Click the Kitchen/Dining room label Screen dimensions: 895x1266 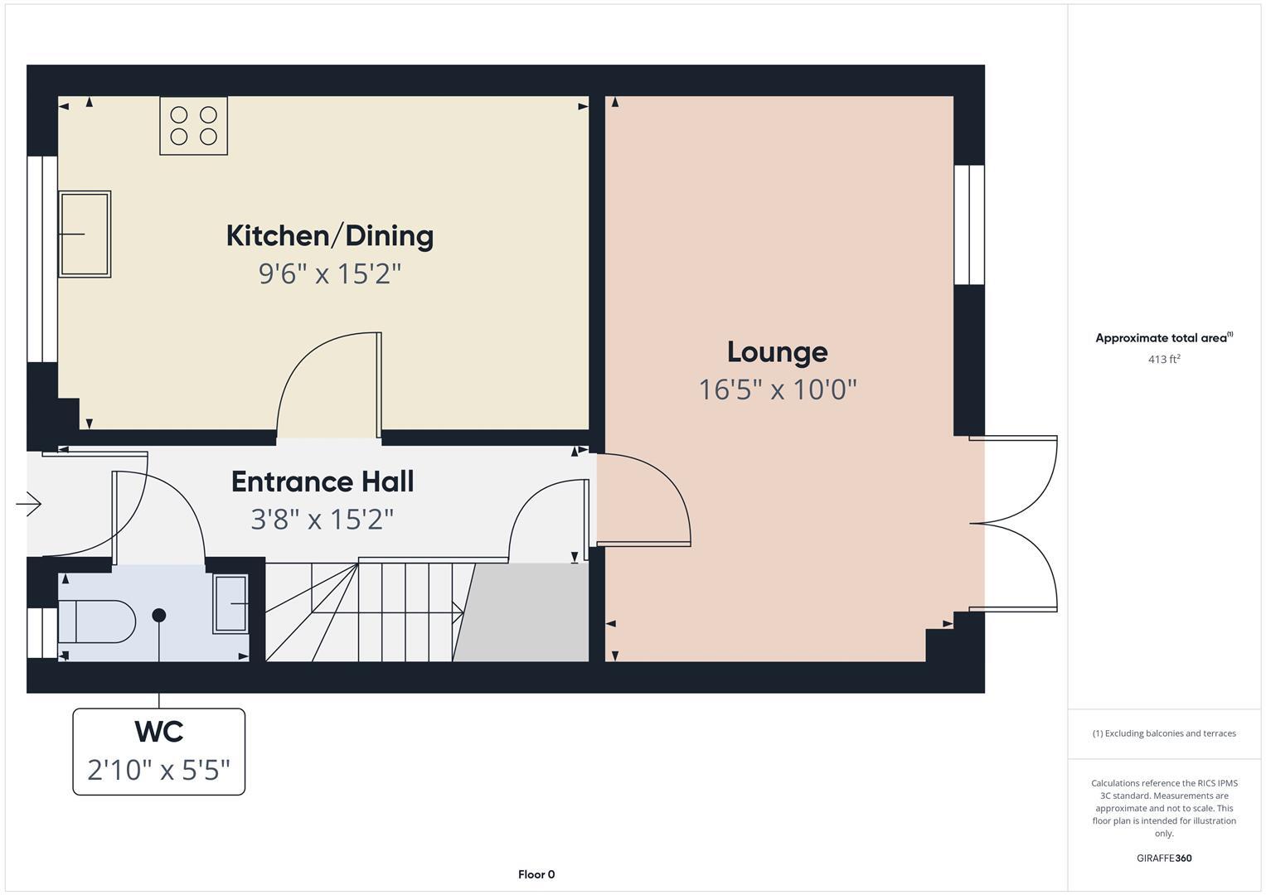click(329, 236)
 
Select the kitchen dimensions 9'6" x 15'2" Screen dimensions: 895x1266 click(329, 273)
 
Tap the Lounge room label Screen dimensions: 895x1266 click(777, 352)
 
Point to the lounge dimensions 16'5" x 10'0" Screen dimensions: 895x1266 click(777, 389)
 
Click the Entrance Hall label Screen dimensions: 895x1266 click(323, 482)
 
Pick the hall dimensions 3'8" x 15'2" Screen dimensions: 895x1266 click(323, 520)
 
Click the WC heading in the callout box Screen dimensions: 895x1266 click(158, 732)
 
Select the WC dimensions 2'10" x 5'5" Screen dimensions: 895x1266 click(158, 771)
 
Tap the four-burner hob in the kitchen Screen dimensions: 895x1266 click(193, 126)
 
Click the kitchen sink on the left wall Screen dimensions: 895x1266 click(84, 235)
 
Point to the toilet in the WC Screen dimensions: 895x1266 click(95, 622)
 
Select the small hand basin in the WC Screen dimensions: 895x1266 click(230, 604)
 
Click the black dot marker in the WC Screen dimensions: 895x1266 click(159, 615)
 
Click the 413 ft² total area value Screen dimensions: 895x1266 click(1163, 360)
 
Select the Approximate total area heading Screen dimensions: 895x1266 click(1163, 338)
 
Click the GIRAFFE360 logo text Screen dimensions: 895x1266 click(1163, 859)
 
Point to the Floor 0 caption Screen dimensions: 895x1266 click(536, 874)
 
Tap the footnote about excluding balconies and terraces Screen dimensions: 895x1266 click(1163, 733)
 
